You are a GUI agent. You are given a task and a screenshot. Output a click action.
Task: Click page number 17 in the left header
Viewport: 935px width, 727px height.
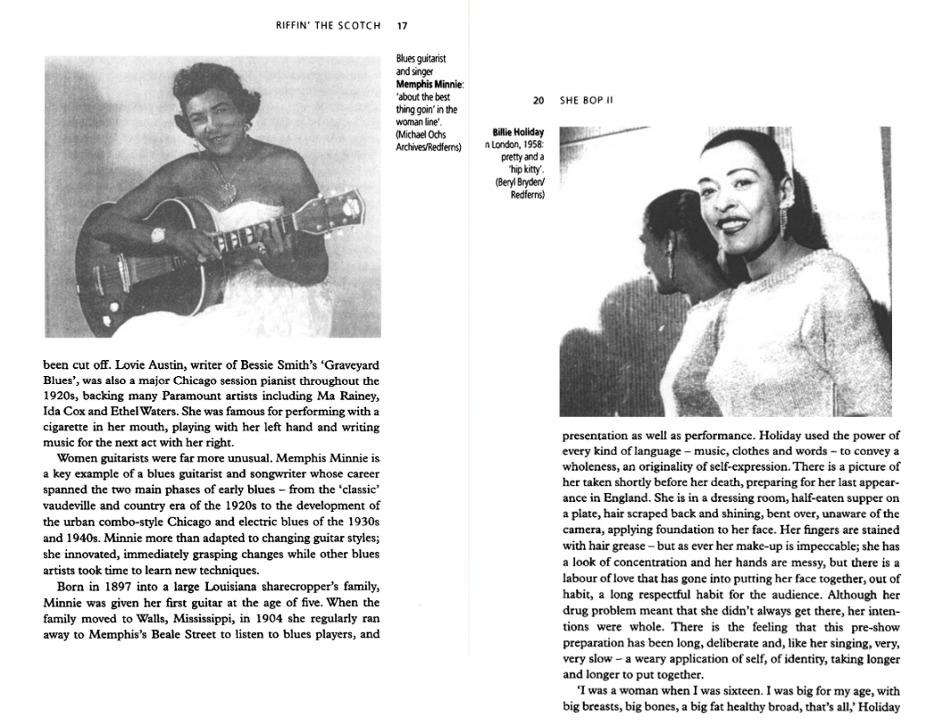click(402, 25)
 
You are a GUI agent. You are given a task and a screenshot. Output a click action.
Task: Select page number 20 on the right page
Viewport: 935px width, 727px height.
click(538, 101)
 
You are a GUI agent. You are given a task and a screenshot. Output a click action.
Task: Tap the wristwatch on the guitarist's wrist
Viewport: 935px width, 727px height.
click(159, 235)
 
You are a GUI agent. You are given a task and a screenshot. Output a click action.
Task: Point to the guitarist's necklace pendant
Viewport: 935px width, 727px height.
click(224, 190)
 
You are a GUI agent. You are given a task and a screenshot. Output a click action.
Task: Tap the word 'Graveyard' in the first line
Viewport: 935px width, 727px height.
click(346, 364)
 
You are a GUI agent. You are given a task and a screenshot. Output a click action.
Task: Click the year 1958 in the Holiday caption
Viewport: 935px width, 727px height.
click(531, 144)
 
